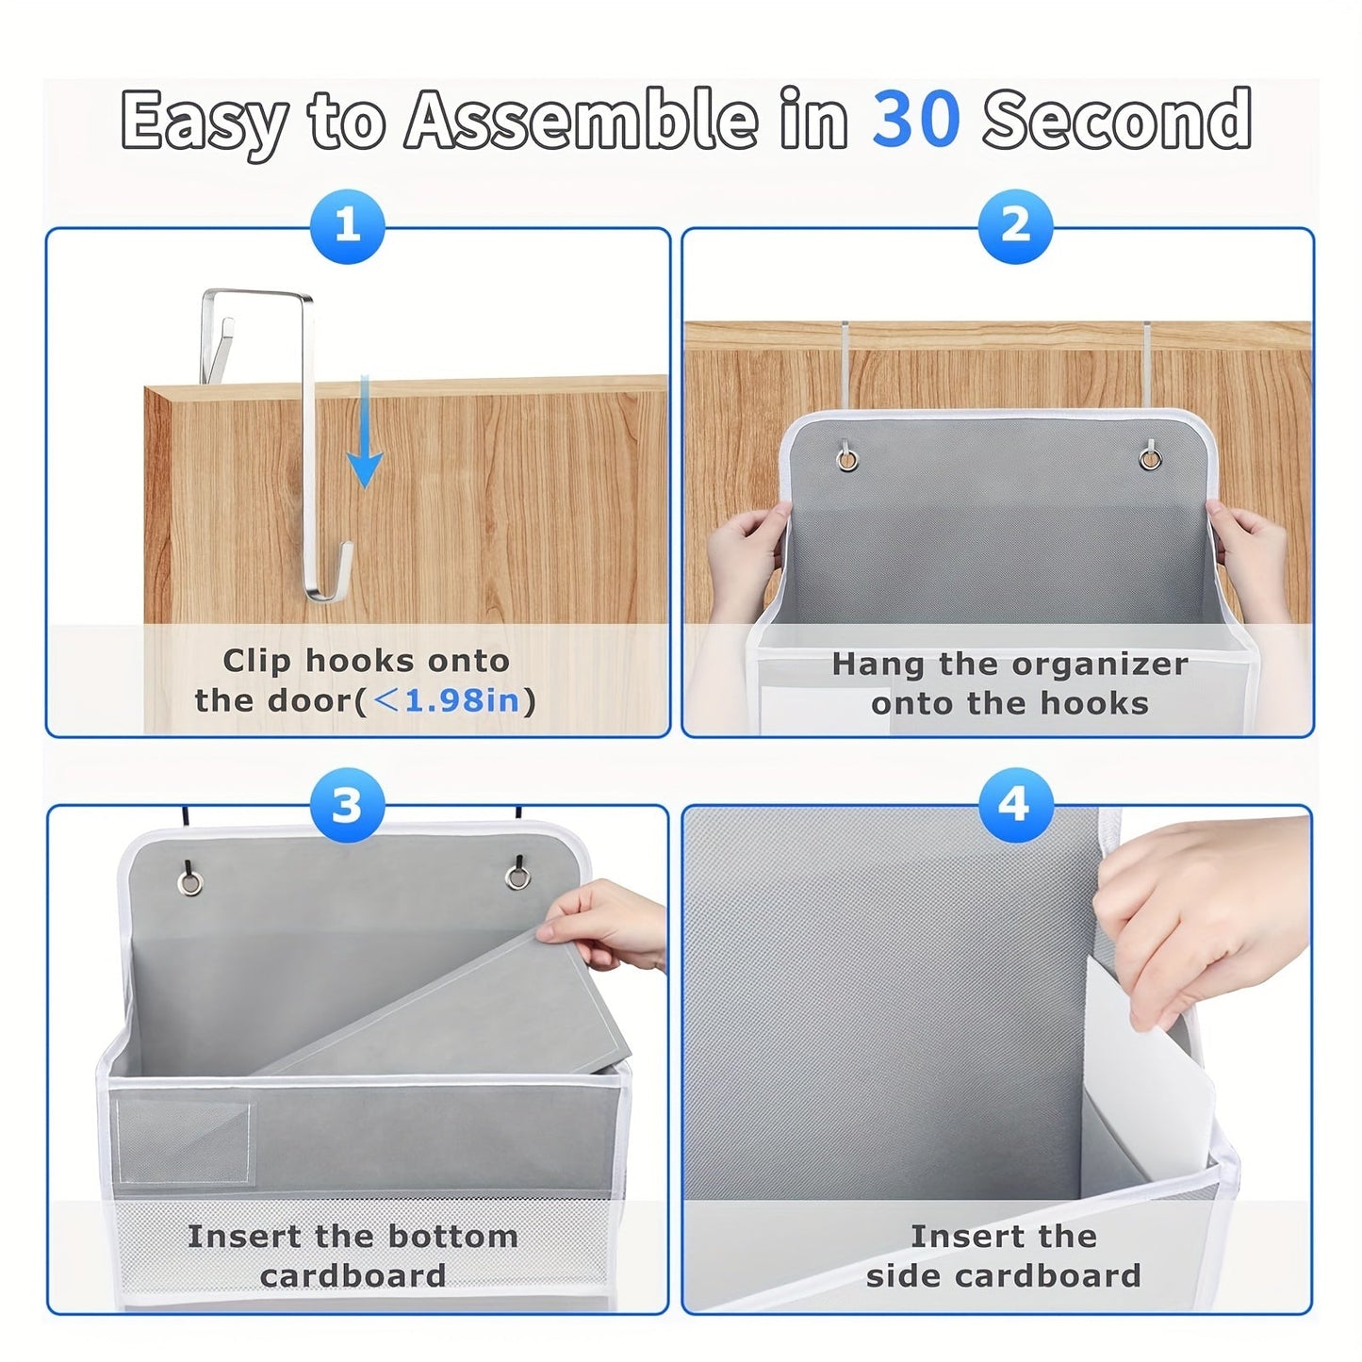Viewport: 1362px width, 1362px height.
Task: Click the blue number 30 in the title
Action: pos(915,120)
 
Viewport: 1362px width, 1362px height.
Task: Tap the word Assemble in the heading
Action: pos(581,120)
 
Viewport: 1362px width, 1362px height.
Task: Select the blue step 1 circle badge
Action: pos(348,227)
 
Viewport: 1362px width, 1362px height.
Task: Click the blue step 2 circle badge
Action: pos(1014,226)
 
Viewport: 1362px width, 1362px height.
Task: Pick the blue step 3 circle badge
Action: pos(347,806)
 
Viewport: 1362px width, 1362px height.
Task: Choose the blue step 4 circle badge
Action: pos(1013,804)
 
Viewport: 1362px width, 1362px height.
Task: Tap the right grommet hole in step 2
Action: pos(1149,459)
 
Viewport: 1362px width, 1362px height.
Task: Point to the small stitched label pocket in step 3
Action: pos(185,1141)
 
